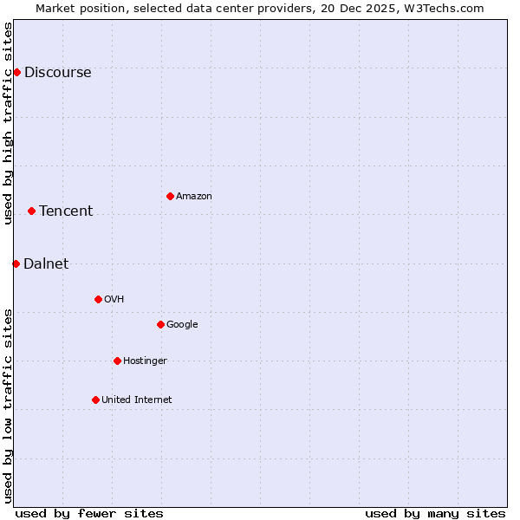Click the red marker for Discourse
[x=16, y=72]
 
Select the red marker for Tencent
[x=31, y=211]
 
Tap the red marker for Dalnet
[x=16, y=263]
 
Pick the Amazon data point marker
[x=170, y=196]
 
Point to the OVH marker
[x=98, y=299]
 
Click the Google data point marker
[x=160, y=324]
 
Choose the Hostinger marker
[x=117, y=361]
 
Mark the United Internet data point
[x=95, y=400]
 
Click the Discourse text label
[x=57, y=73]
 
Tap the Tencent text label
[x=66, y=211]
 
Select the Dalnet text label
[x=46, y=264]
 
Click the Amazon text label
[x=194, y=197]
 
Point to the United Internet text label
[x=137, y=400]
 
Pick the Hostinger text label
[x=145, y=361]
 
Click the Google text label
[x=182, y=325]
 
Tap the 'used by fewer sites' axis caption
[x=89, y=513]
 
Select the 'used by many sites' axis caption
[x=435, y=513]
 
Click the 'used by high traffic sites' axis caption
[x=9, y=123]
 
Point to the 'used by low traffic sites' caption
[x=9, y=406]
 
